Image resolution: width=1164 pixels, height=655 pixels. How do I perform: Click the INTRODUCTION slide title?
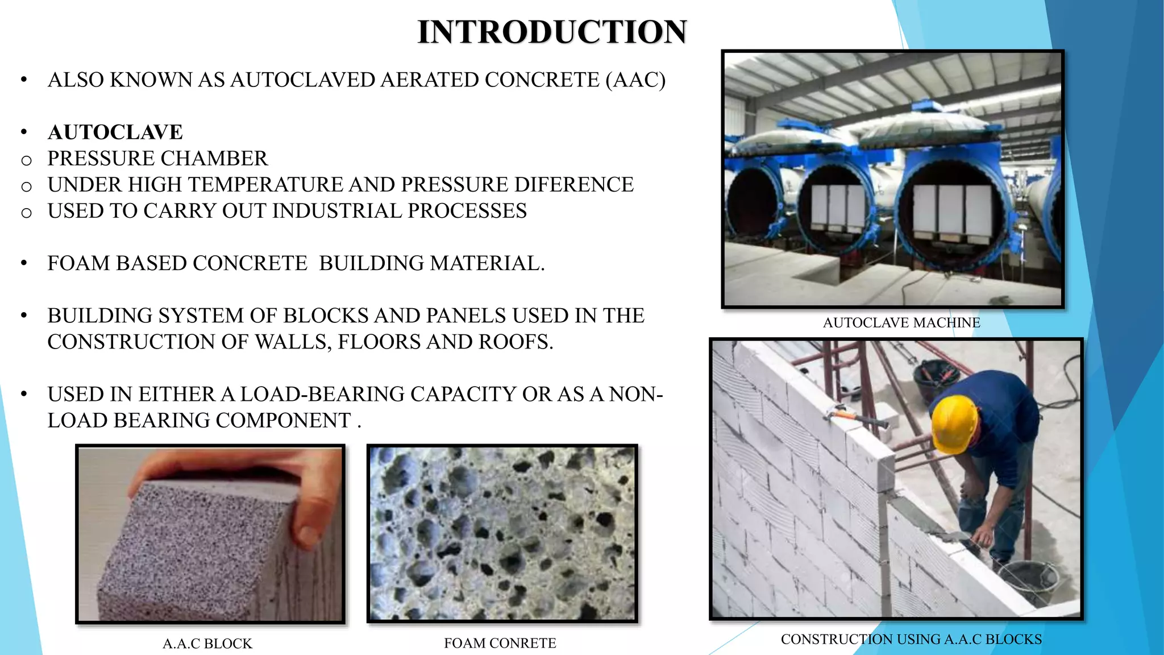pyautogui.click(x=552, y=32)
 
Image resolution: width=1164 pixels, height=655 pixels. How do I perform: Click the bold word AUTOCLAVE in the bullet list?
pyautogui.click(x=115, y=132)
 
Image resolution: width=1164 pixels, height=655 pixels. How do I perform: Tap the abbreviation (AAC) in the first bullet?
pyautogui.click(x=635, y=80)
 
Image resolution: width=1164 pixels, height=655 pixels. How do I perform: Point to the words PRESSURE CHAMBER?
pyautogui.click(x=157, y=159)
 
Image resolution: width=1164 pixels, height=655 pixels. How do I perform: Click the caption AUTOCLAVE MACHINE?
pyautogui.click(x=901, y=323)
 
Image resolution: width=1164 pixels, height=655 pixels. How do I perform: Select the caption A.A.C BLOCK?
pyautogui.click(x=207, y=644)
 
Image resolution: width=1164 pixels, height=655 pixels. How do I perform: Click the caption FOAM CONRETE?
pyautogui.click(x=500, y=643)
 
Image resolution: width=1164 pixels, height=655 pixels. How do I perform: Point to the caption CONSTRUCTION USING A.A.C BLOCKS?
pyautogui.click(x=911, y=640)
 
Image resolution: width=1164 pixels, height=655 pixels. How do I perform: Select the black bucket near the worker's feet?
pyautogui.click(x=1029, y=580)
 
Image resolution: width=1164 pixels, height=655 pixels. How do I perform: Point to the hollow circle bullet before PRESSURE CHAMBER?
pyautogui.click(x=26, y=160)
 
